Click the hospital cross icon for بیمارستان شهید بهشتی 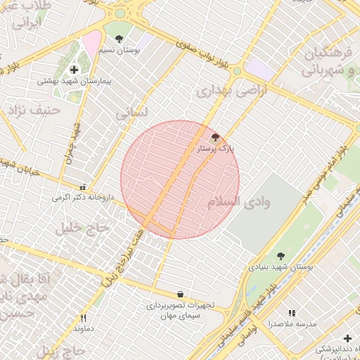74,70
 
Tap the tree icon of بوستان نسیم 118,39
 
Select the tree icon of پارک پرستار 214,137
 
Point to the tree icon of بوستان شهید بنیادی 281,256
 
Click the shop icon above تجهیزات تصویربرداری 181,294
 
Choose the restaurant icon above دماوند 83,318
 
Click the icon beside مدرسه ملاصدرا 292,313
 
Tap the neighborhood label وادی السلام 238,202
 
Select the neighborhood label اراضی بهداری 224,91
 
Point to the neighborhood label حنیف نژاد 32,110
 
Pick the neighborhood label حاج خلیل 84,228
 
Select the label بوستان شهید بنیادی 281,267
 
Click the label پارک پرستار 216,148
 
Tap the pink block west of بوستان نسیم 91,46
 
